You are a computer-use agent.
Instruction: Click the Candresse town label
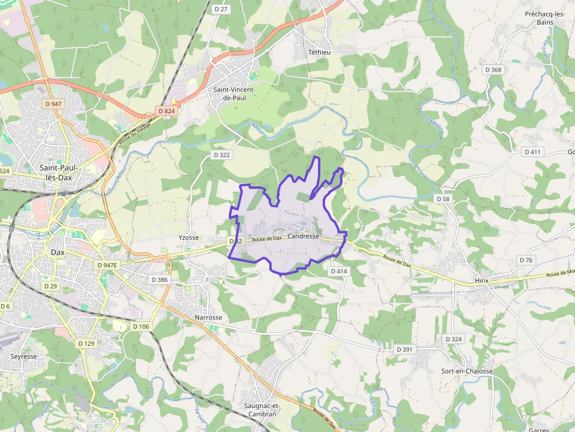(303, 237)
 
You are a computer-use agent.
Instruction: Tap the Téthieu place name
(319, 52)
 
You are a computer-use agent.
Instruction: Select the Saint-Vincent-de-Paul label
(234, 94)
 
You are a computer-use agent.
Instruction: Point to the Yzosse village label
(189, 237)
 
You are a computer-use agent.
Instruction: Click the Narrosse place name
(208, 318)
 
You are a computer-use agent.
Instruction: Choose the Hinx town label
(481, 281)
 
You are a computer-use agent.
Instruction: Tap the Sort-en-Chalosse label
(466, 371)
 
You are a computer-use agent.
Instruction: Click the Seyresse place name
(23, 356)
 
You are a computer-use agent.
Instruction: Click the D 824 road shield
(167, 111)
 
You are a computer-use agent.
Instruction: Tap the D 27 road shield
(221, 9)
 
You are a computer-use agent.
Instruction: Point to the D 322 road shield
(221, 155)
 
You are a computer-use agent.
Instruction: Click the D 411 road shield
(533, 152)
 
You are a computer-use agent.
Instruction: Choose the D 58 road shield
(443, 199)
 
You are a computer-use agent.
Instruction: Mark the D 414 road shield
(339, 271)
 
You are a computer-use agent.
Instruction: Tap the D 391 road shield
(405, 349)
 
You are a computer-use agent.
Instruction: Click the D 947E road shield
(107, 265)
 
